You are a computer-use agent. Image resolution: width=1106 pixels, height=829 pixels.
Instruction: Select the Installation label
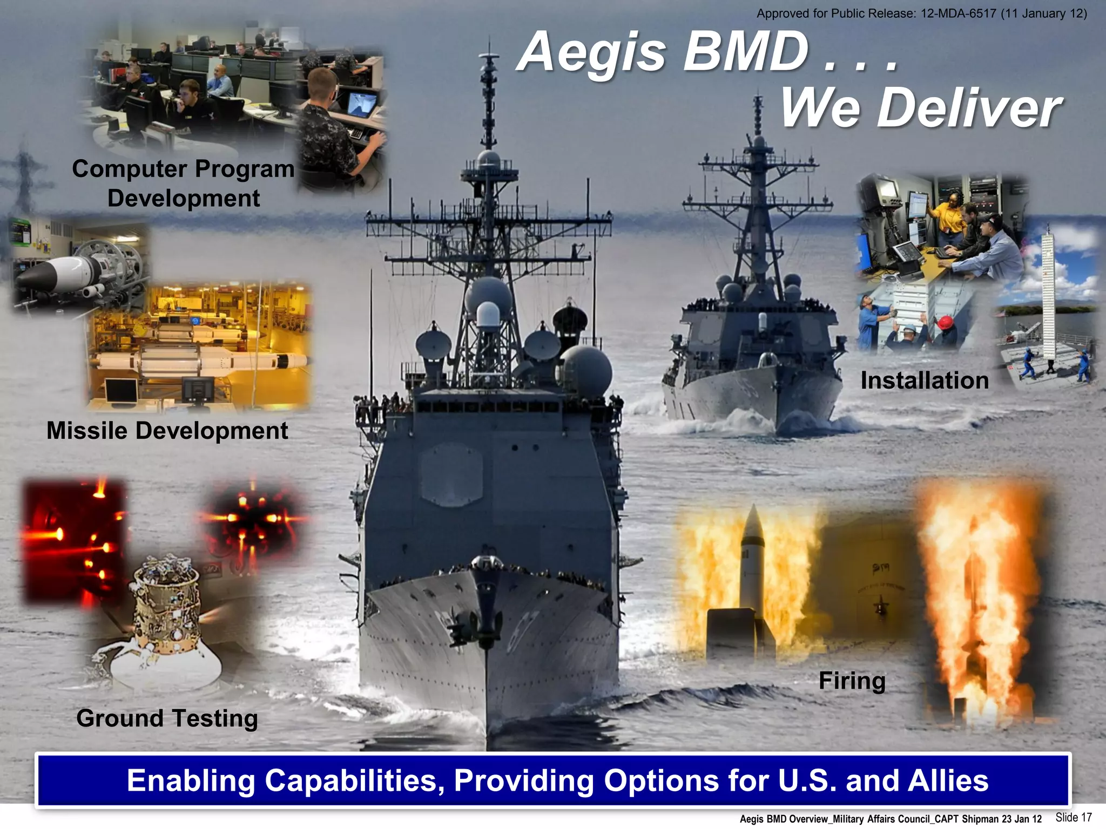coord(924,380)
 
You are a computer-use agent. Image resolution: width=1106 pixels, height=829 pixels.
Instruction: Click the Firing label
coord(852,680)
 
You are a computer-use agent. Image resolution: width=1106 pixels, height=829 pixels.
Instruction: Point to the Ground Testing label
coord(167,718)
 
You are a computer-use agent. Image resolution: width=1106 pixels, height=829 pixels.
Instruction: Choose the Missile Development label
coord(167,431)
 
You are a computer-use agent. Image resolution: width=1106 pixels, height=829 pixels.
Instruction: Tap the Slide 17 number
coord(1074,817)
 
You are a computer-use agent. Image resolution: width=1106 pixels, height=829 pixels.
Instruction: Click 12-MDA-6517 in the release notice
coord(958,13)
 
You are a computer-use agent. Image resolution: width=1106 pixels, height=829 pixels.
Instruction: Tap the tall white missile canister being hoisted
coord(1048,294)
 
